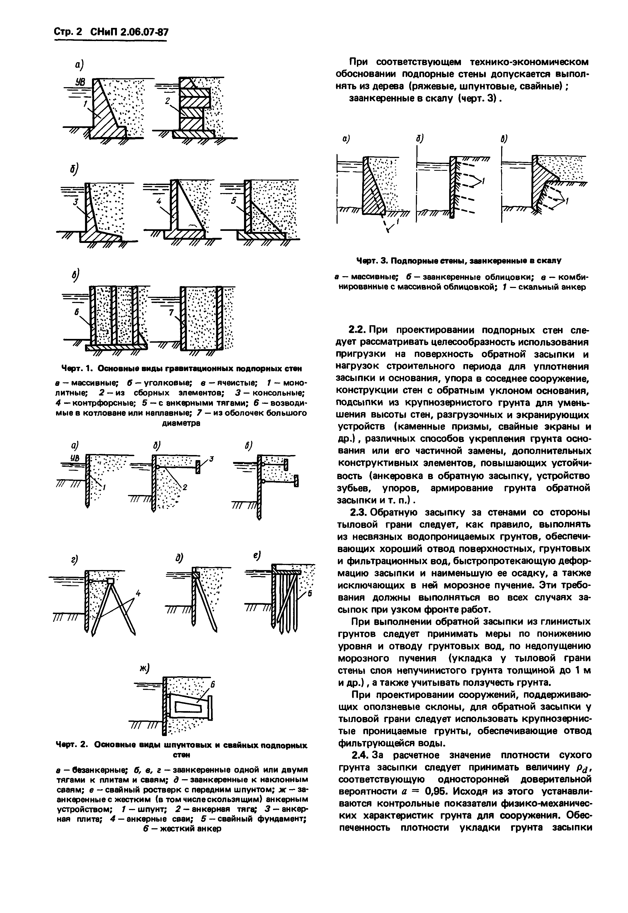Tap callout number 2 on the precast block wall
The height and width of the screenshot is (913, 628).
click(x=167, y=101)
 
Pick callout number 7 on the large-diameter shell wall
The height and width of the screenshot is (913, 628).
click(x=171, y=313)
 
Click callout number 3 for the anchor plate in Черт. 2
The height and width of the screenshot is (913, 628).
click(x=211, y=459)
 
